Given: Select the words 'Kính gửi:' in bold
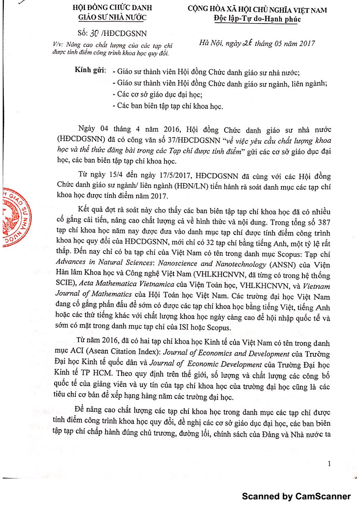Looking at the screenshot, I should pos(91,72).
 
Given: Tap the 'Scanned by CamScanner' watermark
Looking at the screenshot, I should pos(296,496).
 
